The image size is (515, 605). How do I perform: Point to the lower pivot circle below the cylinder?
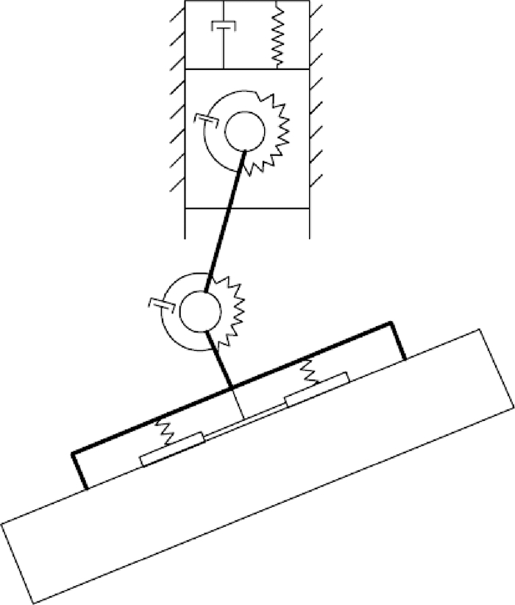point(199,309)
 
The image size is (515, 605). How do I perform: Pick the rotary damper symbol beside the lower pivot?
point(160,303)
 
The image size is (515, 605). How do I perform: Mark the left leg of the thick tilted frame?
point(79,470)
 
